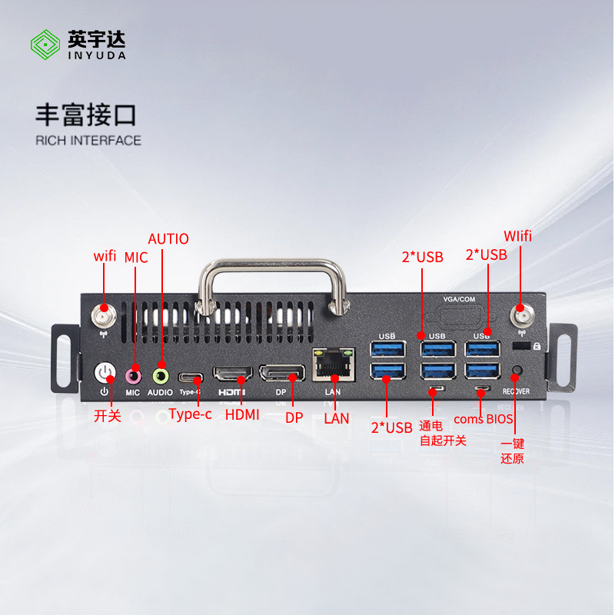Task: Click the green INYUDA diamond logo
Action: [45, 45]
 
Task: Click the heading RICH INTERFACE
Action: [88, 141]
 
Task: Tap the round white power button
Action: [105, 373]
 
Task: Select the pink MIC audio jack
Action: [133, 377]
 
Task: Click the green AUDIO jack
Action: [161, 377]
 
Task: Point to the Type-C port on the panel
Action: [191, 378]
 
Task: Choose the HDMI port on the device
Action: [233, 374]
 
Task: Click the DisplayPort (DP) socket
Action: [282, 373]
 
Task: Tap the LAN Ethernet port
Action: [334, 364]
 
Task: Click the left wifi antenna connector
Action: [104, 315]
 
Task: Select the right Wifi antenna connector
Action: [522, 316]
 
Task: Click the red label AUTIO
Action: [168, 238]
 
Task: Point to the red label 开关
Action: [108, 416]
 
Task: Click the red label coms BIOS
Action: [484, 419]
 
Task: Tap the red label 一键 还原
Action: [512, 451]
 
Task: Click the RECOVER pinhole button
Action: [517, 370]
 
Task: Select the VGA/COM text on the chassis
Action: [459, 299]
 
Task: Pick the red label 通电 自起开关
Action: [443, 434]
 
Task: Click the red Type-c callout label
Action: [190, 414]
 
